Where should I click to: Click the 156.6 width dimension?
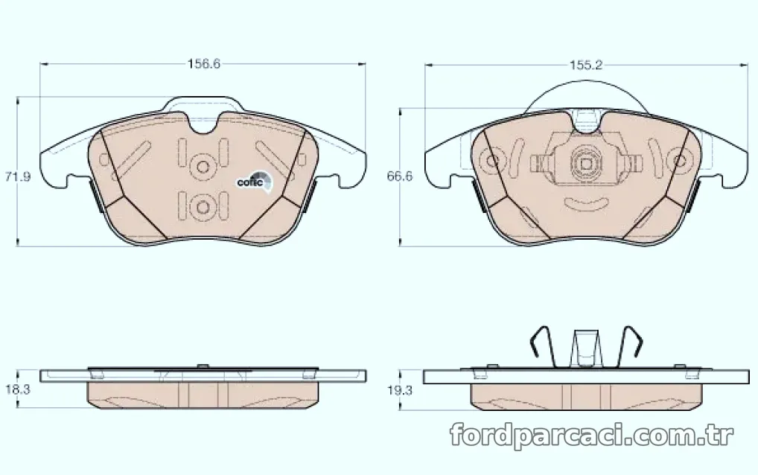tap(203, 64)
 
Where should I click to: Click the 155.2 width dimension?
tap(586, 65)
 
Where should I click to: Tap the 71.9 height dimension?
tap(17, 177)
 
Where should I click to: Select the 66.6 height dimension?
tap(399, 176)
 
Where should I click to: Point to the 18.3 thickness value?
tap(17, 389)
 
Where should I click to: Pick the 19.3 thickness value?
tap(399, 390)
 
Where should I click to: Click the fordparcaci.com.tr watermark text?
tap(592, 436)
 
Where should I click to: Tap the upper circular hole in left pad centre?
tap(203, 167)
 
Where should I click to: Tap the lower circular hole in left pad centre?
tap(203, 207)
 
